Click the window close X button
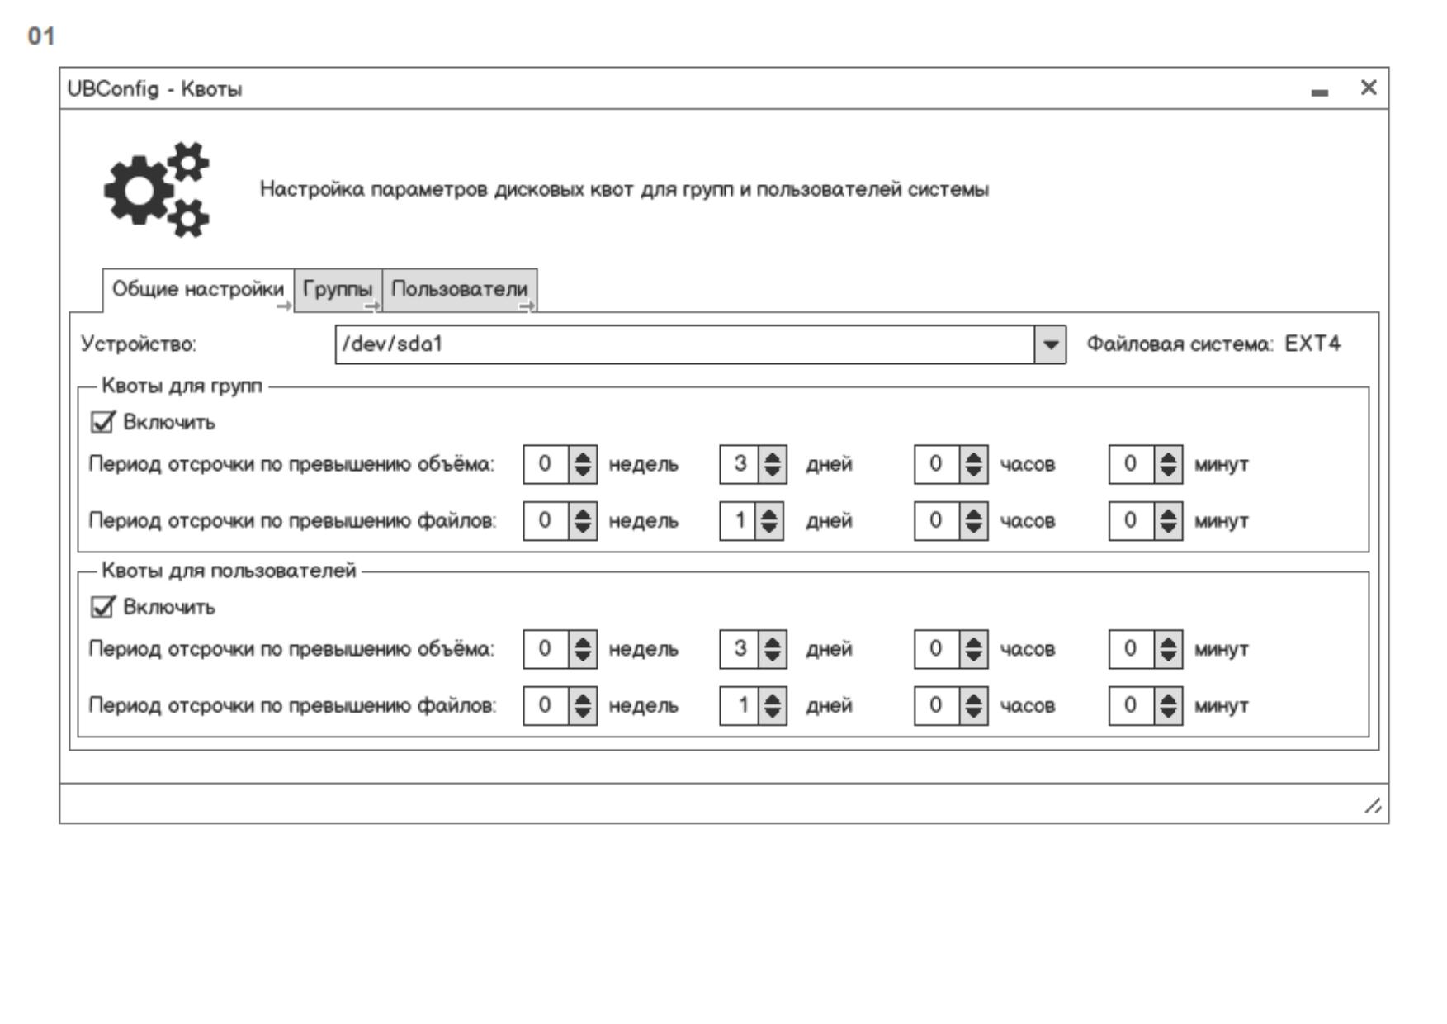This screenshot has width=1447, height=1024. click(x=1369, y=88)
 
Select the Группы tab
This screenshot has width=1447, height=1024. click(x=338, y=289)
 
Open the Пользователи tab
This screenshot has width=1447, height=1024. click(x=459, y=289)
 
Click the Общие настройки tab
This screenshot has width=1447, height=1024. click(x=197, y=289)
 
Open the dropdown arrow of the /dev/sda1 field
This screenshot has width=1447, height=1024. click(x=1050, y=344)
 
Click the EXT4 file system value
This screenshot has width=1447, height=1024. click(x=1312, y=344)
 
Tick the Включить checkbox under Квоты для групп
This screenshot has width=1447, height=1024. click(x=102, y=423)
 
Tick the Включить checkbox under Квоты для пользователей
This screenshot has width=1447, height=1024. click(x=102, y=608)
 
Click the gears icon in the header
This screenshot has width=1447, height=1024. click(x=157, y=189)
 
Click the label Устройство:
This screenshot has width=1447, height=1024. click(x=139, y=344)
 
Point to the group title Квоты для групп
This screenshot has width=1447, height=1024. click(x=182, y=386)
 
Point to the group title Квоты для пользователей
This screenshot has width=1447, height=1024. click(x=229, y=571)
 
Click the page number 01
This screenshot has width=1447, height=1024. click(x=41, y=36)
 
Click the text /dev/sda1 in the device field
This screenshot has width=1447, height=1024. click(x=393, y=344)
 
